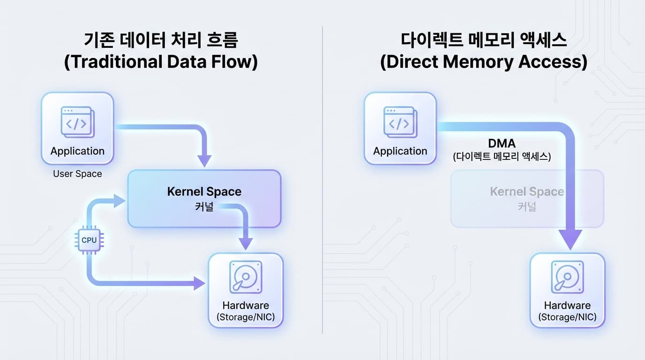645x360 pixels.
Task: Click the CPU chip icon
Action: [x=89, y=240]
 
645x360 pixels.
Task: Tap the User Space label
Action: [x=77, y=173]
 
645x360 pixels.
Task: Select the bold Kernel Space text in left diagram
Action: [x=204, y=192]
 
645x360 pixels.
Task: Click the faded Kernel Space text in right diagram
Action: [x=527, y=192]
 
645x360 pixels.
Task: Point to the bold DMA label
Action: [x=502, y=143]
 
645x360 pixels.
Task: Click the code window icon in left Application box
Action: [x=77, y=122]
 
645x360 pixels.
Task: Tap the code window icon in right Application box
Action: [x=400, y=122]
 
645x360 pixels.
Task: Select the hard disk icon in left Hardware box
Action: [x=246, y=277]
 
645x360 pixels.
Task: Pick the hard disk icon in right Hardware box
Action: [x=568, y=277]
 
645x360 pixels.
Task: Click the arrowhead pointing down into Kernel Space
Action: [x=204, y=161]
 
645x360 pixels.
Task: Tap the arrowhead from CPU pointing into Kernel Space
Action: [x=120, y=201]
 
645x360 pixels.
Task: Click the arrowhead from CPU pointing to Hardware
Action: [x=199, y=284]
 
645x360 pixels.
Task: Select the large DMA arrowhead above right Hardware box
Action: [x=570, y=240]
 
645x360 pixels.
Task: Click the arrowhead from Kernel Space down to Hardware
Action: [x=246, y=244]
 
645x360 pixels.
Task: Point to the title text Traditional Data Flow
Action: [x=161, y=61]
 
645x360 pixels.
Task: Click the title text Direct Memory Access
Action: [x=484, y=61]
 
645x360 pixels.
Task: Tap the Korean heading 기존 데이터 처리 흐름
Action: [x=161, y=40]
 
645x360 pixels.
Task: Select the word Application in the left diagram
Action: [x=77, y=151]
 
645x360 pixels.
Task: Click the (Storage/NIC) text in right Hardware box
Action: [x=568, y=317]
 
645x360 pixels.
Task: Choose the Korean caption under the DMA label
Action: [x=502, y=157]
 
